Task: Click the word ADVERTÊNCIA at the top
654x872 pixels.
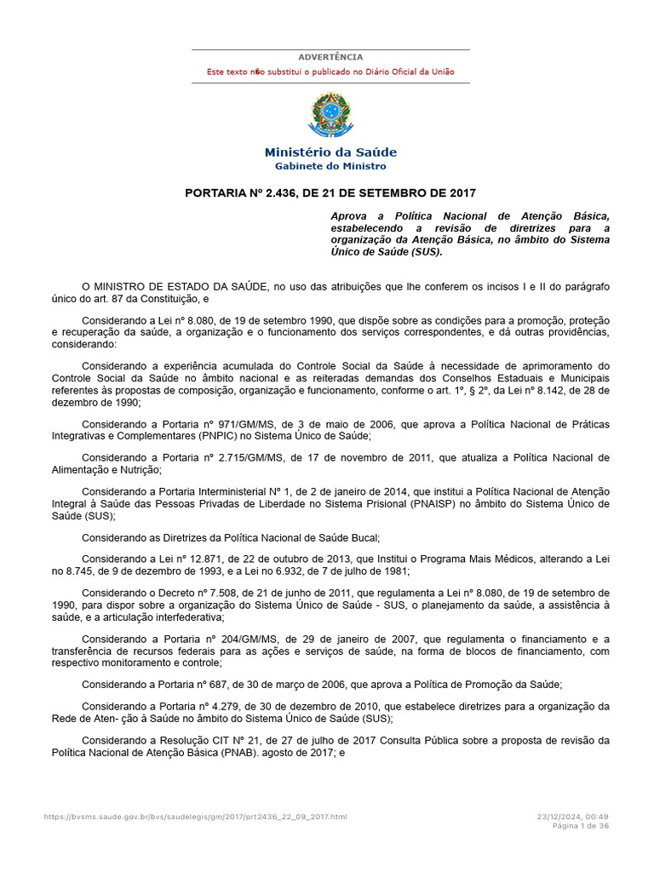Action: (x=330, y=57)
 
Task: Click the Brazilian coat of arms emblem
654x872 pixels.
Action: (x=330, y=115)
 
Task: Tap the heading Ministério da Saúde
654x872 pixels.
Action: (x=330, y=152)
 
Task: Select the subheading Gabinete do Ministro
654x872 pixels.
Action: (x=330, y=166)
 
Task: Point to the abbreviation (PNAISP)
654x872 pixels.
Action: (x=448, y=504)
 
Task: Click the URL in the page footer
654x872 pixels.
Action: (x=196, y=817)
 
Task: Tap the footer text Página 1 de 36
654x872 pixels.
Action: (x=581, y=825)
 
